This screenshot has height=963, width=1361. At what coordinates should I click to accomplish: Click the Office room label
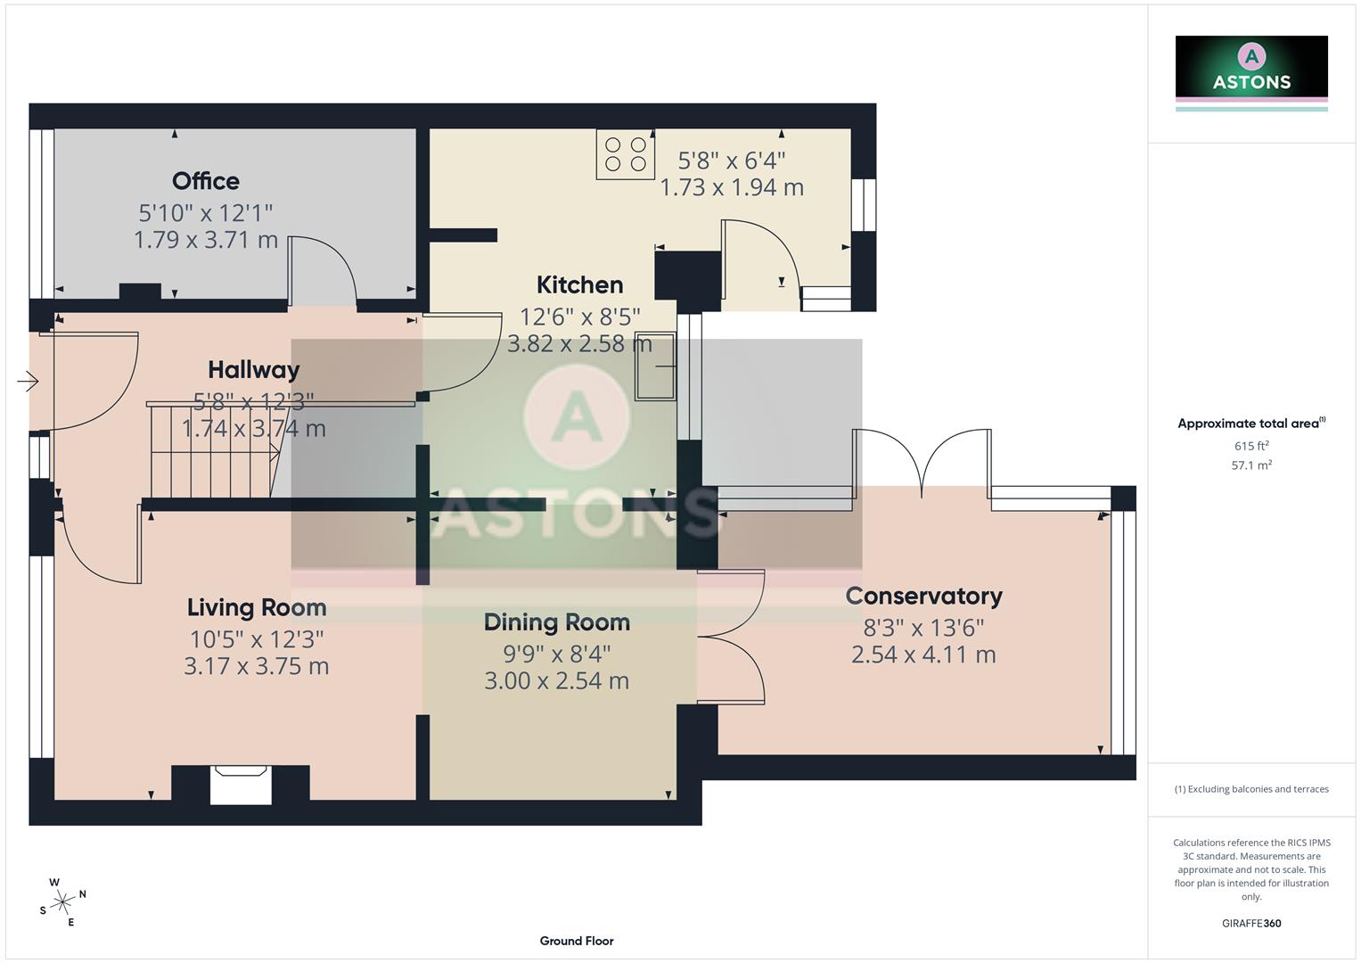[x=205, y=181]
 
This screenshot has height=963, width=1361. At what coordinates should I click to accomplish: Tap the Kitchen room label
[x=579, y=284]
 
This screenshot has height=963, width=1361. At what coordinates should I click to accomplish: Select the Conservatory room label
[x=923, y=596]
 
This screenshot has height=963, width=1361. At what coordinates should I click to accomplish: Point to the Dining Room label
[x=556, y=622]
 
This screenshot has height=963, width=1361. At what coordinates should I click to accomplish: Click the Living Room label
[x=257, y=607]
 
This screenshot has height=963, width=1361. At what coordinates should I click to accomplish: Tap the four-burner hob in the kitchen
[x=625, y=153]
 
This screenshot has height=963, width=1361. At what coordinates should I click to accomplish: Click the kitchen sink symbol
[x=654, y=366]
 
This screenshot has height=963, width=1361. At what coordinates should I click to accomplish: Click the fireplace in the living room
[x=241, y=785]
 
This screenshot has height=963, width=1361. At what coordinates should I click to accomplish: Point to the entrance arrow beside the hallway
[x=28, y=382]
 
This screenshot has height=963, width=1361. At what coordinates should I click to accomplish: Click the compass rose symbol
[x=62, y=902]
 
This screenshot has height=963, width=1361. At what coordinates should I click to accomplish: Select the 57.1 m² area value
[x=1251, y=465]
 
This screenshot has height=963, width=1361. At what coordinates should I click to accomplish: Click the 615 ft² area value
[x=1251, y=446]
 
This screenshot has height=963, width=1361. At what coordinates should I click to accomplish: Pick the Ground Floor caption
[x=577, y=941]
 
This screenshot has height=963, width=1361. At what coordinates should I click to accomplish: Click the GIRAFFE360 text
[x=1251, y=923]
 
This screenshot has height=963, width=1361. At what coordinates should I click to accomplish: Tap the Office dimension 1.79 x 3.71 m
[x=206, y=240]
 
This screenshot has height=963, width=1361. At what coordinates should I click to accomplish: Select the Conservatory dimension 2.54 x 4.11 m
[x=923, y=654]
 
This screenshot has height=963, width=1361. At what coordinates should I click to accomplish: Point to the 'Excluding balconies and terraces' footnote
[x=1251, y=789]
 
